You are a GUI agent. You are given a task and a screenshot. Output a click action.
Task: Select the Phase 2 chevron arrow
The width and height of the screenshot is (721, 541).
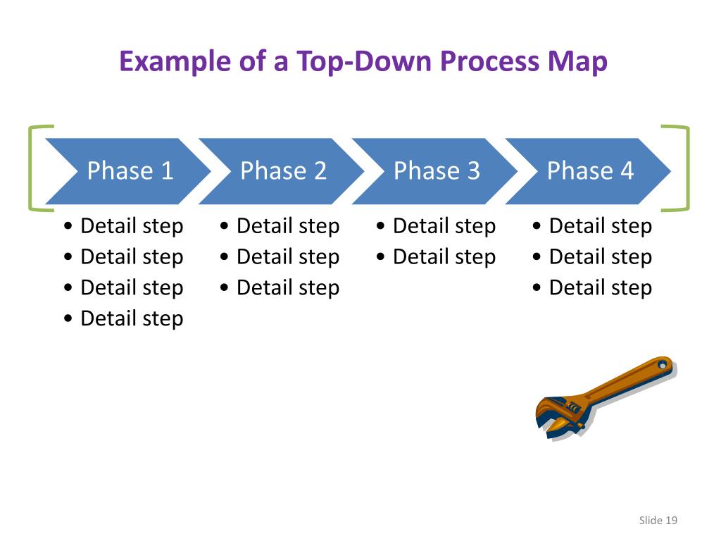pos(282,171)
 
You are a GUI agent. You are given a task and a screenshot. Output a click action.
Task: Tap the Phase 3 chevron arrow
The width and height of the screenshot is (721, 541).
pos(436,171)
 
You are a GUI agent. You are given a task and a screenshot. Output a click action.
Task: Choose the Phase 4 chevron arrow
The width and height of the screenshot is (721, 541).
pos(589,171)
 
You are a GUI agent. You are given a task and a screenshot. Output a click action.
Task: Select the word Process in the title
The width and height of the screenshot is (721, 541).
pos(490,62)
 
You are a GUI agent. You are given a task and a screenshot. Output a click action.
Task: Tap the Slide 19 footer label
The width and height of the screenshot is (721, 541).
pos(658,521)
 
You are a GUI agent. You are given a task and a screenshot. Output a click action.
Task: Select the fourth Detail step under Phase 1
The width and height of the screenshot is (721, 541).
pos(131,318)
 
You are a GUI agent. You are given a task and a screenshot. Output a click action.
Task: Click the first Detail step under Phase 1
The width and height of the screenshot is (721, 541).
pos(131,226)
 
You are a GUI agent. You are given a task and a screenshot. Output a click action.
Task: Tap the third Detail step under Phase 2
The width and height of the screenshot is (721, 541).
pos(287,287)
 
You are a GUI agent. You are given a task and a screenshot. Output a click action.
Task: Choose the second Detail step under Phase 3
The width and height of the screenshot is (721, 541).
pos(444,257)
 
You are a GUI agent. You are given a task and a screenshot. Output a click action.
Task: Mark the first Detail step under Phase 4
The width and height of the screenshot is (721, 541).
pos(600,226)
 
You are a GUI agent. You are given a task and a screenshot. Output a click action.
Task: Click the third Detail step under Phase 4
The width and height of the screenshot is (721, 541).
pos(600,287)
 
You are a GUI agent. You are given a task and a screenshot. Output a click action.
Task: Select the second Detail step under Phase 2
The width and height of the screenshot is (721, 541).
pos(287,257)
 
